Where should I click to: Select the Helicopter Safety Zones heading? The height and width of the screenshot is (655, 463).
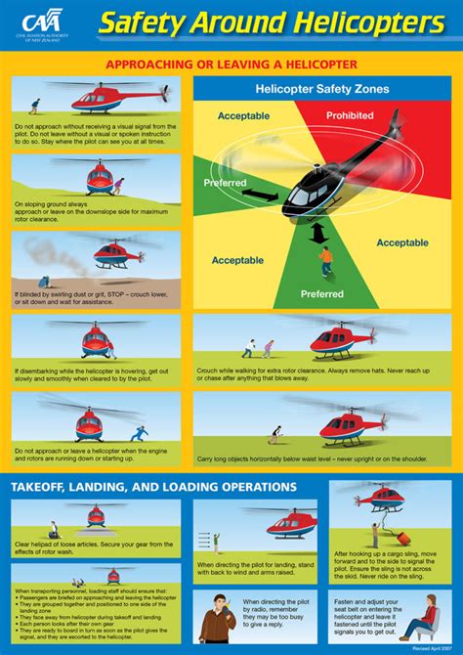point(322,89)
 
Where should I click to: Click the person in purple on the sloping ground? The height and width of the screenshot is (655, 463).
point(118,186)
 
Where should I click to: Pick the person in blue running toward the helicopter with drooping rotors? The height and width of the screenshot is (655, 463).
point(140,432)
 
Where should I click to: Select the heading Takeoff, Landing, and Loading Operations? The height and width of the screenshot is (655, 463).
point(154,486)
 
